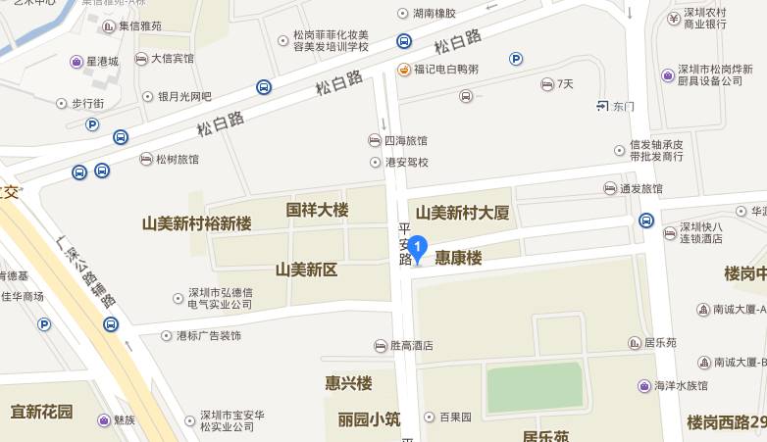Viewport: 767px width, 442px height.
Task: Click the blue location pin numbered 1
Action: [x=418, y=248]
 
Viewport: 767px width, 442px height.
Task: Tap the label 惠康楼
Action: [x=459, y=259]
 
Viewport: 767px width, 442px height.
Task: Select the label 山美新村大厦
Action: [x=462, y=213]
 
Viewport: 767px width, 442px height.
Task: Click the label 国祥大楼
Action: [x=317, y=210]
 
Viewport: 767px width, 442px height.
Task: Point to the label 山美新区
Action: [x=306, y=269]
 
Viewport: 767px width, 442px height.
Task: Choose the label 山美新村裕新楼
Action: [x=197, y=223]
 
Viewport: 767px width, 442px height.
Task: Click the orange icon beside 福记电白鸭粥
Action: [x=403, y=70]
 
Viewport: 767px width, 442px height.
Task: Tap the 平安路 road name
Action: [x=404, y=244]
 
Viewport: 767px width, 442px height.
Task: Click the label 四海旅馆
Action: [x=405, y=141]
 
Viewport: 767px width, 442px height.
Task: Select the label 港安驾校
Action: [x=406, y=162]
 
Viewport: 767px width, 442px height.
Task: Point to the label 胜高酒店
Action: [x=411, y=346]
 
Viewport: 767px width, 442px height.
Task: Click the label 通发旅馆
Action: [x=641, y=189]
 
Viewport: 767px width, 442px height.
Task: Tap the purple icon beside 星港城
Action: [x=77, y=62]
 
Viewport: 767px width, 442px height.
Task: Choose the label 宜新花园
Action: [x=42, y=412]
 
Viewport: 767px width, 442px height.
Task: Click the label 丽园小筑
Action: [x=369, y=419]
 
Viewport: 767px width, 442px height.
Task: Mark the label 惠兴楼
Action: [x=349, y=382]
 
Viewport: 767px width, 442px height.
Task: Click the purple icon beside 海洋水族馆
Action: [x=643, y=386]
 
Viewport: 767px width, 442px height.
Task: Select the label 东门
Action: [x=624, y=106]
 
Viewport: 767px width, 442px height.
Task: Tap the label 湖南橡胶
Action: [x=435, y=14]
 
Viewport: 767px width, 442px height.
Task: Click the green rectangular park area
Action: [x=536, y=387]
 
